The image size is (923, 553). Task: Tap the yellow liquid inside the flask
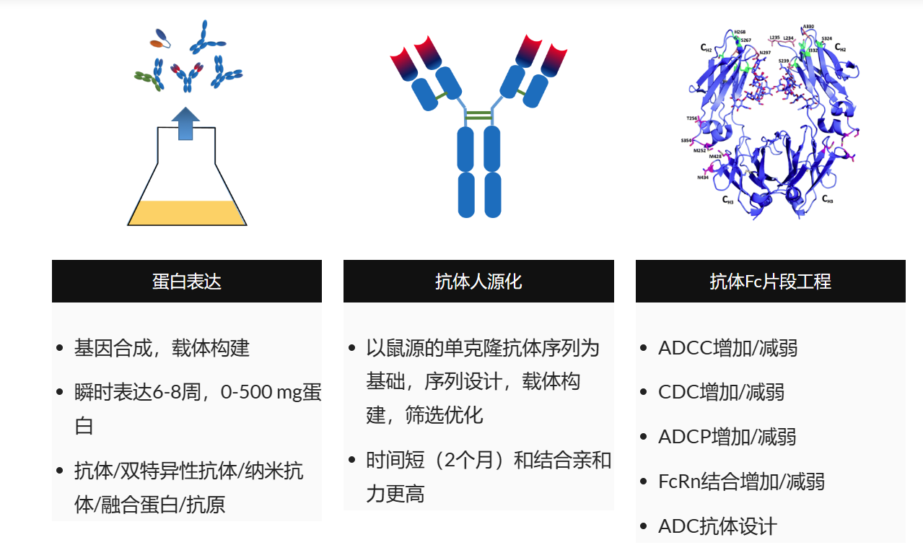pyautogui.click(x=187, y=212)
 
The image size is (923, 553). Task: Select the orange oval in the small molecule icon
pyautogui.click(x=156, y=43)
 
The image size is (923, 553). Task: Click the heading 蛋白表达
pyautogui.click(x=187, y=282)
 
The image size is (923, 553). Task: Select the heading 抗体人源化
pyautogui.click(x=478, y=282)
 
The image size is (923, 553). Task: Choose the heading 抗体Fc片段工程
pyautogui.click(x=770, y=282)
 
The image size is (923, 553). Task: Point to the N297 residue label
pyautogui.click(x=764, y=53)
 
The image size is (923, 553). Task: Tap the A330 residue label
pyautogui.click(x=808, y=27)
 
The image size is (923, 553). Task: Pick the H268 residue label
pyautogui.click(x=740, y=32)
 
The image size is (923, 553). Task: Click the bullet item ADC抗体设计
pyautogui.click(x=717, y=526)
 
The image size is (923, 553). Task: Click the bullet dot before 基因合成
pyautogui.click(x=60, y=349)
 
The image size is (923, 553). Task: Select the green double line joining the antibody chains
pyautogui.click(x=479, y=115)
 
